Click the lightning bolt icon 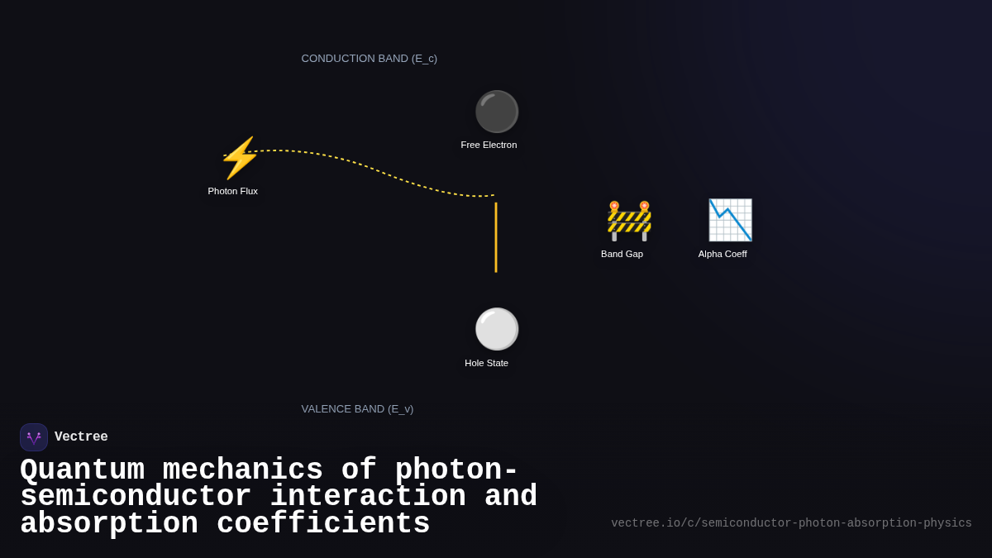coord(240,158)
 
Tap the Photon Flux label coord(232,191)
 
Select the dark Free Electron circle coord(496,112)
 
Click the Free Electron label coord(489,145)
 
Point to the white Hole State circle coord(496,329)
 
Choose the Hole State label coord(486,363)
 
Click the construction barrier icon coord(629,221)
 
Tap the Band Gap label coord(622,254)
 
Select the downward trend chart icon coord(730,220)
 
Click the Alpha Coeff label coord(723,254)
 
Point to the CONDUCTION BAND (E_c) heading coord(369,59)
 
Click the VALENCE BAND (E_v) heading coord(357,409)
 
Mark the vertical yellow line coord(496,237)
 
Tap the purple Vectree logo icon coord(34,437)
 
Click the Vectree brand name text coord(81,437)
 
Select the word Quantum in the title coord(82,470)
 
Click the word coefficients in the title coord(323,524)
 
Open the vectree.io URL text coord(791,523)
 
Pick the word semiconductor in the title coord(136,497)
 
